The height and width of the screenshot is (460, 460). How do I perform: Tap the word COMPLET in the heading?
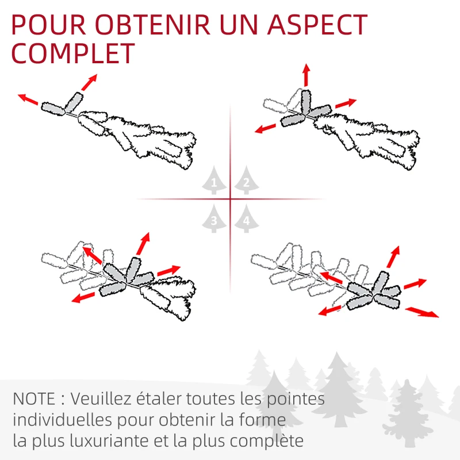click(x=73, y=53)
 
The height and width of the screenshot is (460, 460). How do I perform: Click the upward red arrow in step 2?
click(x=306, y=75)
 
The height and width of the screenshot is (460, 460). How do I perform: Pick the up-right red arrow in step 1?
click(x=89, y=82)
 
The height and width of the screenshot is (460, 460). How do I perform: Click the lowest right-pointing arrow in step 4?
click(x=421, y=312)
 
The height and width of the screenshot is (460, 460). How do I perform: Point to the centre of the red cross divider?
click(x=230, y=199)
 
